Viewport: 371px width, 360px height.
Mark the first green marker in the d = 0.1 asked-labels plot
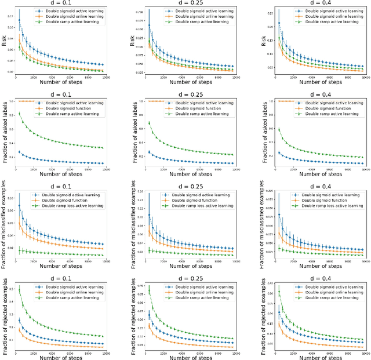click(x=20, y=114)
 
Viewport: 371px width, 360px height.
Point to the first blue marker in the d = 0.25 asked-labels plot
click(x=150, y=152)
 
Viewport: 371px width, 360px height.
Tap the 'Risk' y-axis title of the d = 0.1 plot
click(x=4, y=41)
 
